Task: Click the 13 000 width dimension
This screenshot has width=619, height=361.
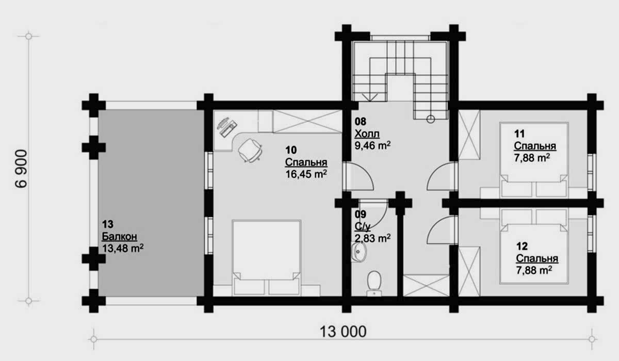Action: pyautogui.click(x=343, y=332)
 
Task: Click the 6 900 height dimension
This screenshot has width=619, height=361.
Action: pyautogui.click(x=21, y=169)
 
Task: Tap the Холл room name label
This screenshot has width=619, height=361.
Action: pyautogui.click(x=367, y=134)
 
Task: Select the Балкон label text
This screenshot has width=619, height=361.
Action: pyautogui.click(x=119, y=237)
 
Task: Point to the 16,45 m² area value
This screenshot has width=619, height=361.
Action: pyautogui.click(x=306, y=174)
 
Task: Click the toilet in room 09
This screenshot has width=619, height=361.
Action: pyautogui.click(x=374, y=283)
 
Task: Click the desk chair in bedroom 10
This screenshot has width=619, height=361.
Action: pyautogui.click(x=250, y=151)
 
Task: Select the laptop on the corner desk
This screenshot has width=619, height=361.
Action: pyautogui.click(x=226, y=127)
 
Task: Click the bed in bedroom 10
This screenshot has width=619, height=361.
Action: pyautogui.click(x=267, y=257)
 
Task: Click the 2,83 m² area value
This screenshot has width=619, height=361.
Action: pyautogui.click(x=372, y=238)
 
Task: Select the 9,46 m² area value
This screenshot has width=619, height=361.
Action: pyautogui.click(x=372, y=145)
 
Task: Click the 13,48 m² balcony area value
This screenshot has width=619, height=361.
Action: pyautogui.click(x=123, y=248)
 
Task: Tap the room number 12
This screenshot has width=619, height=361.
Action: pyautogui.click(x=522, y=246)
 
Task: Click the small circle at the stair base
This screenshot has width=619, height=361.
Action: pyautogui.click(x=431, y=119)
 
